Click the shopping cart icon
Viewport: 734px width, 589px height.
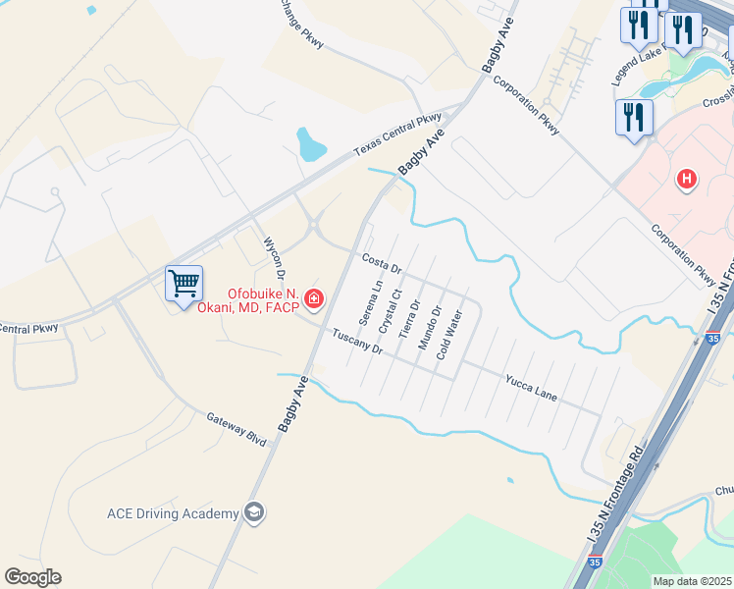pyautogui.click(x=183, y=284)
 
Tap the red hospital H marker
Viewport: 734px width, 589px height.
pyautogui.click(x=688, y=180)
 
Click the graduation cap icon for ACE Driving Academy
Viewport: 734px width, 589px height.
pyautogui.click(x=254, y=512)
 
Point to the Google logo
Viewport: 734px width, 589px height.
pyautogui.click(x=32, y=577)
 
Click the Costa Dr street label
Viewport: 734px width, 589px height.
pyautogui.click(x=382, y=264)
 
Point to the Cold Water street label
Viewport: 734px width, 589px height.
pyautogui.click(x=448, y=335)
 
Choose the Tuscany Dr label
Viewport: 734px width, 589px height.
pyautogui.click(x=356, y=343)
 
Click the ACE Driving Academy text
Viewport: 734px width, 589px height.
pyautogui.click(x=173, y=514)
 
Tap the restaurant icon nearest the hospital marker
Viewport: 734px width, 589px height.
pyautogui.click(x=634, y=118)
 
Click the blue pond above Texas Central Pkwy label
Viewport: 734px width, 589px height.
pyautogui.click(x=310, y=144)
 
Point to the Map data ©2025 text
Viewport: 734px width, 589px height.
pyautogui.click(x=693, y=581)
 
